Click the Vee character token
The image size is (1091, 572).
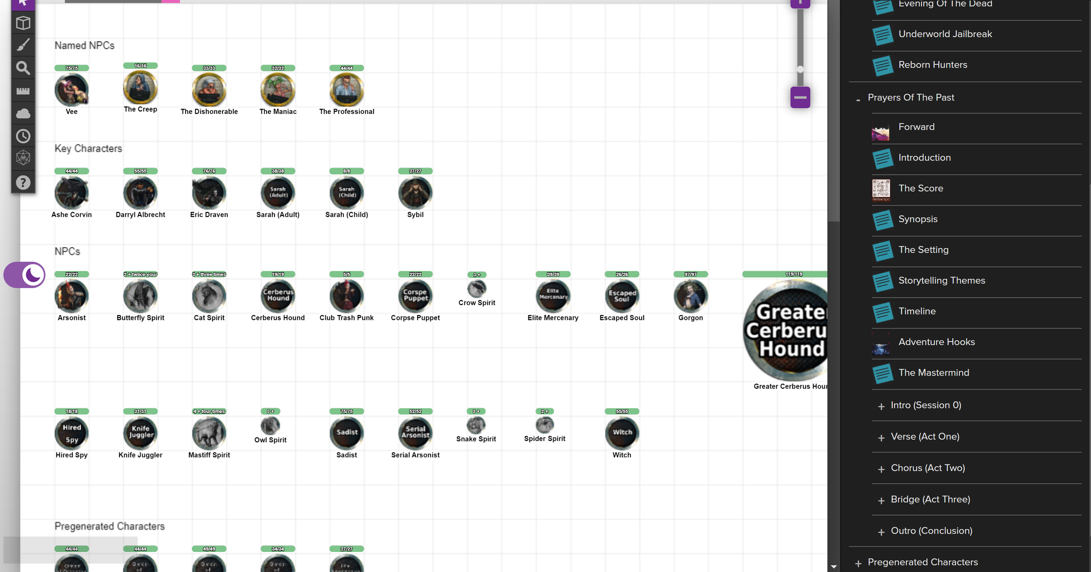[72, 90]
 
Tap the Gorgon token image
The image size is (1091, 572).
[690, 296]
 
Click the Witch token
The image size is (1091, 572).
[622, 433]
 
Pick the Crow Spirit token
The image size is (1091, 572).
[477, 288]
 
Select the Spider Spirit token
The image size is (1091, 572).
[545, 425]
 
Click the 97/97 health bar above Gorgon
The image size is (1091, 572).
[690, 274]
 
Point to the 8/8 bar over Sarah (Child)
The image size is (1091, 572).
[347, 171]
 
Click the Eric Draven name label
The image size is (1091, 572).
[209, 215]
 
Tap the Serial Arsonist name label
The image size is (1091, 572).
[415, 455]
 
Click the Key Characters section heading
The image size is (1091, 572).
[88, 149]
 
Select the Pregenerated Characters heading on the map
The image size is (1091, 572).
[110, 527]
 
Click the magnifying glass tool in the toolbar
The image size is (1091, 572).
[23, 68]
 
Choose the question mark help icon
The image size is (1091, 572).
[23, 182]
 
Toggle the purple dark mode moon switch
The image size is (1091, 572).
[25, 275]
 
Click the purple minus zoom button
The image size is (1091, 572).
[800, 97]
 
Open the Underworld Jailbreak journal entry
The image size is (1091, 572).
[945, 34]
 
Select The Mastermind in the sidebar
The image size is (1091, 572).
[933, 373]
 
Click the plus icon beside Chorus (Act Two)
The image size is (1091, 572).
[881, 469]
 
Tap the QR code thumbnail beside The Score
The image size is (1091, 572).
[881, 190]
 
